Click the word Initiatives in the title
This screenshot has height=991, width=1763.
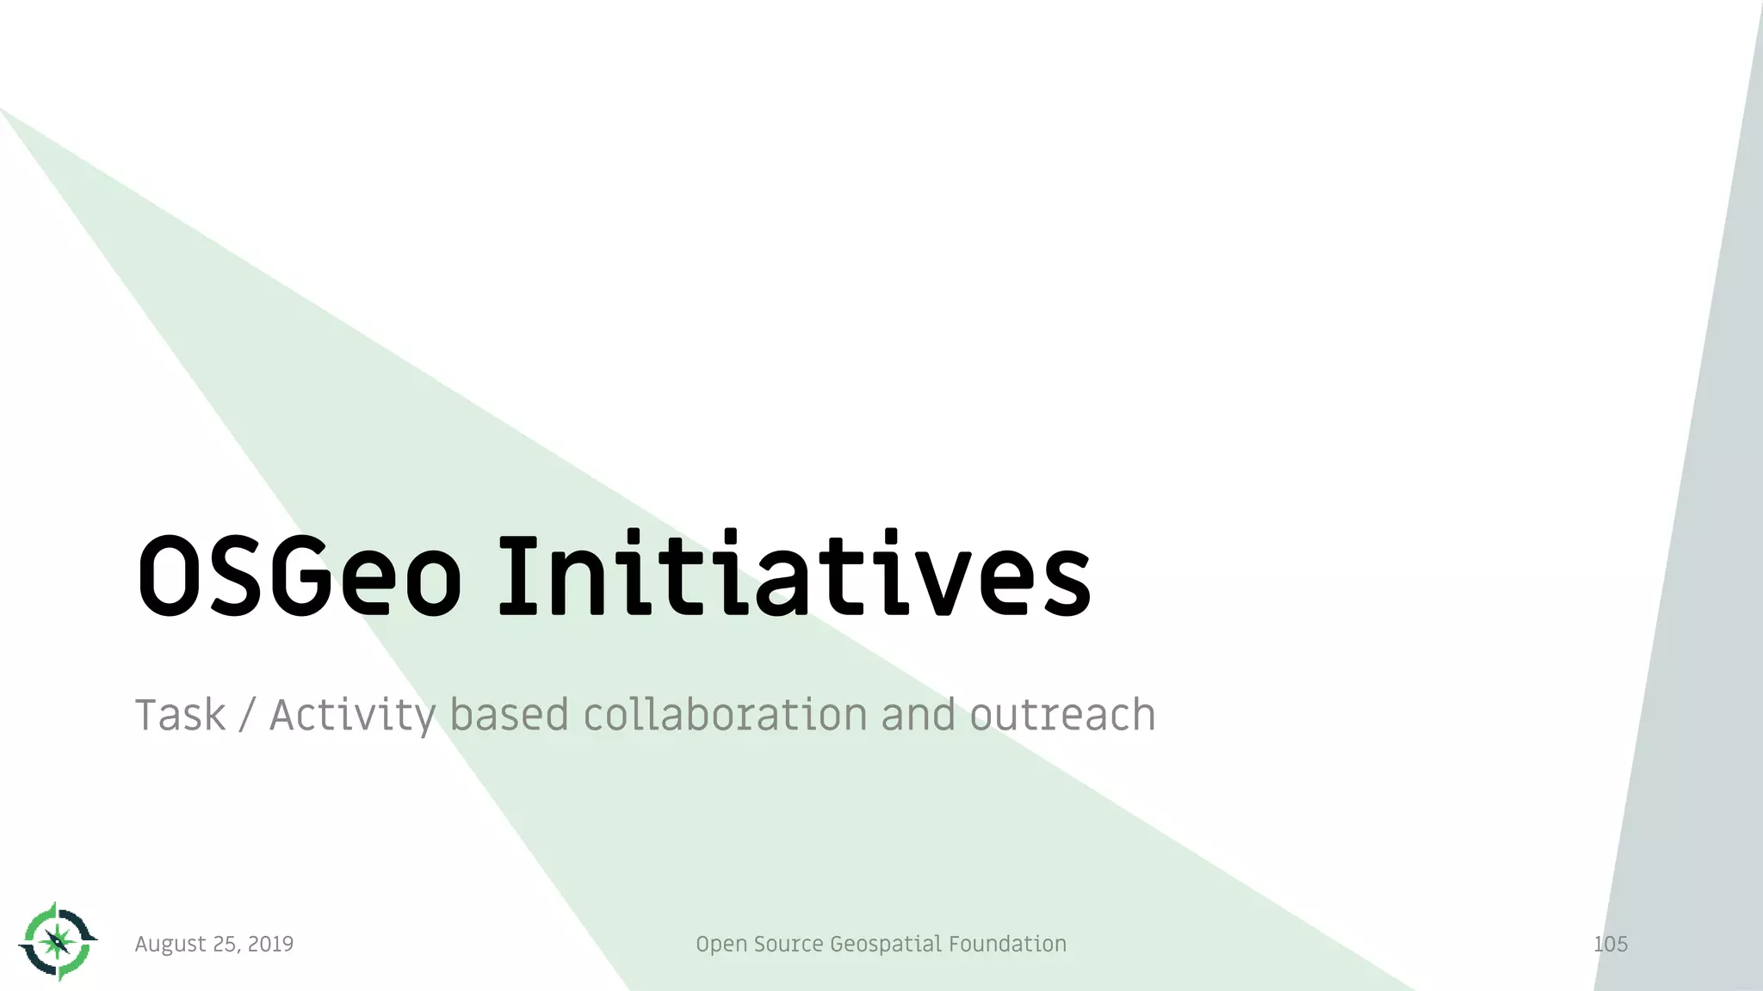click(x=794, y=575)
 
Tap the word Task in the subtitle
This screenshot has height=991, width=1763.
click(x=180, y=716)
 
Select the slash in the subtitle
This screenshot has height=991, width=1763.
click(x=248, y=716)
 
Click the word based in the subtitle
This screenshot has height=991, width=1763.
click(x=509, y=716)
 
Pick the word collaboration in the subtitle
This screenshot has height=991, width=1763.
click(x=725, y=716)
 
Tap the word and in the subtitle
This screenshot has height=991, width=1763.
click(x=918, y=716)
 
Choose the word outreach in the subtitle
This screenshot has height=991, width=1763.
click(x=1062, y=716)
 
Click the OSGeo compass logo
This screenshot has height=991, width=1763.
click(x=58, y=942)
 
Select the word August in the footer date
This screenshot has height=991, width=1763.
click(x=170, y=945)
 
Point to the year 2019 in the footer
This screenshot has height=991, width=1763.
click(x=270, y=945)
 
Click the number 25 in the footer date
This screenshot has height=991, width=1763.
click(x=226, y=945)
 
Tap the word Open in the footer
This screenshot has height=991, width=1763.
click(x=721, y=945)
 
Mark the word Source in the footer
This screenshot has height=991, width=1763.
click(x=789, y=945)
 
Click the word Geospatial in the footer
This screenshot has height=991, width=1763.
click(x=886, y=945)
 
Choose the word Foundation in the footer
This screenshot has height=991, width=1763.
click(x=1007, y=945)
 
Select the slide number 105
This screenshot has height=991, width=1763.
click(x=1610, y=945)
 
